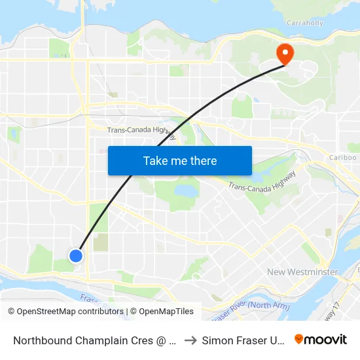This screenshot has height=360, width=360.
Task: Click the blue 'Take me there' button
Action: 180,160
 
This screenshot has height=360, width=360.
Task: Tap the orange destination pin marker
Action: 285,53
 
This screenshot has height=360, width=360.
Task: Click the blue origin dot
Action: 76,255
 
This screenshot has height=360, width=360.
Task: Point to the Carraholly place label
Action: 305,23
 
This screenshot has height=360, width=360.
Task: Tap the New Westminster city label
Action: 302,272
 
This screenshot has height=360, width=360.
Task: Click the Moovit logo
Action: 321,339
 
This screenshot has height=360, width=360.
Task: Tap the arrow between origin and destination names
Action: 189,340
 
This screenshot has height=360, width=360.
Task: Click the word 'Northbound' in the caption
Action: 41,340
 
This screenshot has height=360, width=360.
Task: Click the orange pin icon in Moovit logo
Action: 299,339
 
